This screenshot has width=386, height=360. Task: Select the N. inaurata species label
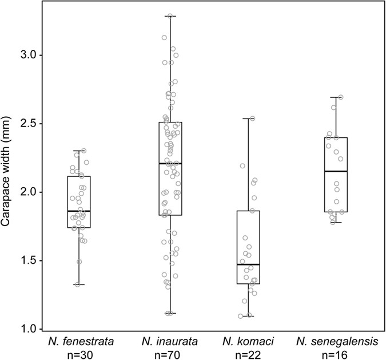tap(170, 342)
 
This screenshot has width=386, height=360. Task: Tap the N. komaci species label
tap(248, 342)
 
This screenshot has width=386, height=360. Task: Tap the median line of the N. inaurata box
tap(170, 164)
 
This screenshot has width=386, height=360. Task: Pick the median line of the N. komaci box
tap(248, 264)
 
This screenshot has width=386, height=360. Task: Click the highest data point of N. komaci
tap(252, 118)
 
